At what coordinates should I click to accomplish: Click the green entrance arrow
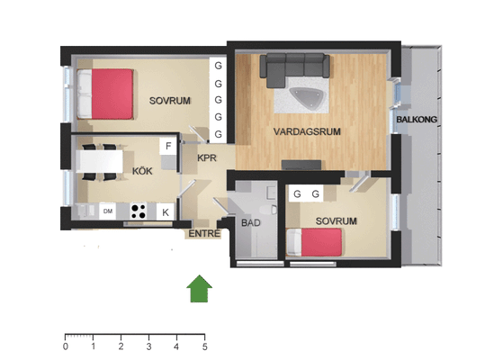coord(199,289)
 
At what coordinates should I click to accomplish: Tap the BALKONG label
coord(417,120)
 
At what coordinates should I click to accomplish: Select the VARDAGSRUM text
coord(307,131)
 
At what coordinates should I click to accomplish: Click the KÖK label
coord(142,171)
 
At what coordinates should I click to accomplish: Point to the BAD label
coord(250,222)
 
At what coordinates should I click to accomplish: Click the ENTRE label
coord(204,234)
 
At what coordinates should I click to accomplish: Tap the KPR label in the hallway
coord(207,157)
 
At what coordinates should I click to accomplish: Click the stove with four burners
coord(139,211)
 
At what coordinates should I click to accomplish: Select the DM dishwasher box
coord(107,211)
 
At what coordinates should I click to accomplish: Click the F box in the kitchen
coord(168,147)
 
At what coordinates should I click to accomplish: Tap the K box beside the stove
coord(166,211)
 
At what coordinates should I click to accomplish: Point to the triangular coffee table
coord(307,96)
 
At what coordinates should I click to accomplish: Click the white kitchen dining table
coord(100,161)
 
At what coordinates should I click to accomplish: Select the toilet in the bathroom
coord(268,210)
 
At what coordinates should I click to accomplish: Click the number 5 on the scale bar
coord(204,346)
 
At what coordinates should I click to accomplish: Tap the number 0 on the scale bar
coord(66,346)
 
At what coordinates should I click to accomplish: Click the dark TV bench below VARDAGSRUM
coord(301,165)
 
